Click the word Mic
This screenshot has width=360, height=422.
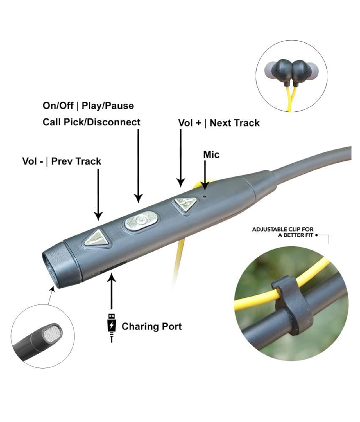[x=211, y=154]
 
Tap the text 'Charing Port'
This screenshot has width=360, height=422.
[x=151, y=326]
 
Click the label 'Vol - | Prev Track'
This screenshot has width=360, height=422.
[x=62, y=161]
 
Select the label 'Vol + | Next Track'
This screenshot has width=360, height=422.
[x=219, y=123]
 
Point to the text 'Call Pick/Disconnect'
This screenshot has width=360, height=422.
[x=91, y=122]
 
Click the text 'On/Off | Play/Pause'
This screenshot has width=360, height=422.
[x=88, y=106]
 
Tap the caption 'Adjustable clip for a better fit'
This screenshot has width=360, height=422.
[x=282, y=232]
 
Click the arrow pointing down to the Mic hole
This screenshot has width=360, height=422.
[x=205, y=174]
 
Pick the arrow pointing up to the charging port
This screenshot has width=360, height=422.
[x=112, y=290]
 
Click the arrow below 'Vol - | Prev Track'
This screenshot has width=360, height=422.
[x=98, y=194]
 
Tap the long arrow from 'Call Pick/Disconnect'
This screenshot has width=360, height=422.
[x=138, y=166]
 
